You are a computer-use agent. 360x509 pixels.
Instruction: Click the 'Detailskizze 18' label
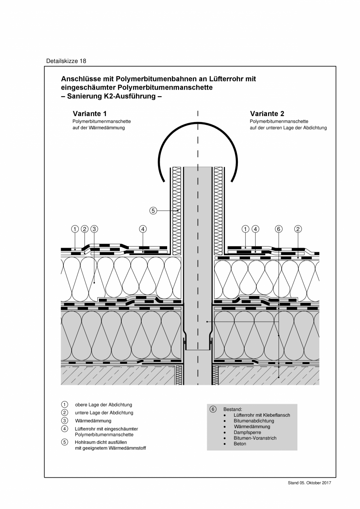(66, 61)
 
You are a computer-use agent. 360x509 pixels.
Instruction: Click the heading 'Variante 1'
(90, 114)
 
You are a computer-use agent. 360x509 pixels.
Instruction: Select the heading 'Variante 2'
(267, 114)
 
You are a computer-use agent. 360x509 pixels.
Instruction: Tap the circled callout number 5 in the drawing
(153, 211)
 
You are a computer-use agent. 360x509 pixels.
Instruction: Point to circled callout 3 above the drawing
(94, 229)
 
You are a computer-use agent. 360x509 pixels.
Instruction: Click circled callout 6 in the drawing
(279, 229)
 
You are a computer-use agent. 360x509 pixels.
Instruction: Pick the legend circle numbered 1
(65, 405)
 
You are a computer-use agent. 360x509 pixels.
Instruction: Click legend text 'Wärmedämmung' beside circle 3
(93, 421)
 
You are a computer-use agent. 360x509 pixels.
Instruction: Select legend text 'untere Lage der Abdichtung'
(104, 413)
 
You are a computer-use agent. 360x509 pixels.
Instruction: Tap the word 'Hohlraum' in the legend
(84, 442)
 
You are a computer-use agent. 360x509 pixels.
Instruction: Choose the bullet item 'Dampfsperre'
(247, 432)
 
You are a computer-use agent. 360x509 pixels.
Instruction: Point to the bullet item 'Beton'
(240, 444)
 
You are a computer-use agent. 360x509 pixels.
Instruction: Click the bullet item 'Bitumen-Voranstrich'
(255, 438)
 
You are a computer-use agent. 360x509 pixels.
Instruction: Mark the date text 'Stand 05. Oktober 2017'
(310, 483)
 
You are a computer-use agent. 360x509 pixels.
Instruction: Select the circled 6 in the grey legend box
(213, 409)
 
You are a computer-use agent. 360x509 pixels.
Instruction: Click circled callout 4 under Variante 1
(143, 229)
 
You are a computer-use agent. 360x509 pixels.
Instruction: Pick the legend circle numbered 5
(65, 442)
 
